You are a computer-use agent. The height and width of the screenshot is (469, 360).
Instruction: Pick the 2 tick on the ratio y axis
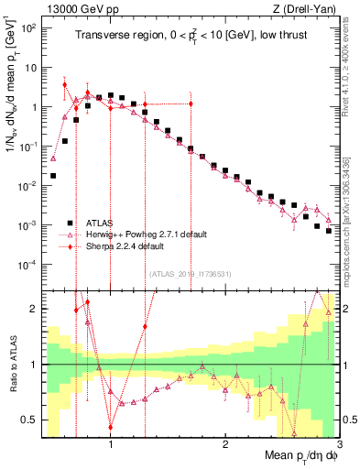pyautogui.click(x=33, y=309)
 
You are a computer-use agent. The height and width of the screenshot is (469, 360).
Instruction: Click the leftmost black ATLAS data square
pyautogui.click(x=53, y=175)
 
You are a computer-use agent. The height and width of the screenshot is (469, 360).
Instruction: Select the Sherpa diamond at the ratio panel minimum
pyautogui.click(x=111, y=427)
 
